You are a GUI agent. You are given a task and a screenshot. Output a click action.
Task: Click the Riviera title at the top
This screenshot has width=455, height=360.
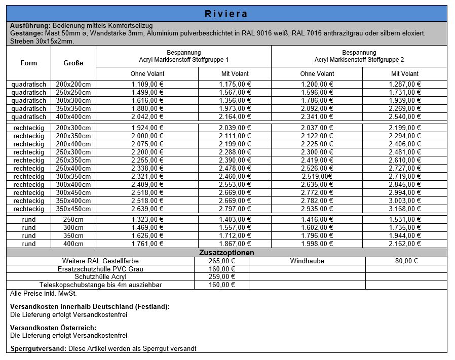click(226, 14)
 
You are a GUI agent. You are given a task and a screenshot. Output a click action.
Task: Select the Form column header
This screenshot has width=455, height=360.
click(28, 63)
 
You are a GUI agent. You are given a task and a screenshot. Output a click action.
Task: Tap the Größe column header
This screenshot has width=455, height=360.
click(73, 63)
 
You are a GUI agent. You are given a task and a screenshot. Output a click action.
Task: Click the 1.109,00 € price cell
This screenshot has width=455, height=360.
click(147, 85)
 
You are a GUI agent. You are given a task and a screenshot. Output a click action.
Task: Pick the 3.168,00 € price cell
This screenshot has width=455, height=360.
click(405, 209)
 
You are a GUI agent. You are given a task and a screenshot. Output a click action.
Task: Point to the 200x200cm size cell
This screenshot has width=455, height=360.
click(73, 85)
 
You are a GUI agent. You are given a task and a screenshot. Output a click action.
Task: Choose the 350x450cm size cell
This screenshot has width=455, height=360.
click(73, 209)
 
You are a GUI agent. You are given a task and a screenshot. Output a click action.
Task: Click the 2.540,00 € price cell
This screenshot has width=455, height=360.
click(405, 117)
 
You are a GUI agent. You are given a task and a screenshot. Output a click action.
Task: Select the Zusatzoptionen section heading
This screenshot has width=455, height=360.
click(226, 252)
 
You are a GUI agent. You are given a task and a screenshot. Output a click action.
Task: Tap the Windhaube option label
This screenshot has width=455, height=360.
click(307, 261)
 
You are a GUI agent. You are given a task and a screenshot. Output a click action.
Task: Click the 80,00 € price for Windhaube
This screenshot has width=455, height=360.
click(406, 261)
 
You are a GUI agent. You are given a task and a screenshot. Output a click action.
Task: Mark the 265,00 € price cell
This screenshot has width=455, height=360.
click(221, 261)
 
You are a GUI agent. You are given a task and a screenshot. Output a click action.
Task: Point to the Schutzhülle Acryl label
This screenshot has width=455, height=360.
click(100, 277)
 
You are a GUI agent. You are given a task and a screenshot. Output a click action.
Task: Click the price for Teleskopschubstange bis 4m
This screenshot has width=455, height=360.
click(221, 285)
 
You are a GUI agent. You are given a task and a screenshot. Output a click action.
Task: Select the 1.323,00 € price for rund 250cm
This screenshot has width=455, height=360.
click(147, 220)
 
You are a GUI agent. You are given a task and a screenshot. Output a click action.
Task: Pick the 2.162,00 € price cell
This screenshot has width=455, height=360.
click(405, 244)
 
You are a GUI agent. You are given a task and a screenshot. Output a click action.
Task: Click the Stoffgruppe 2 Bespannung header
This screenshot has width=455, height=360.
click(359, 56)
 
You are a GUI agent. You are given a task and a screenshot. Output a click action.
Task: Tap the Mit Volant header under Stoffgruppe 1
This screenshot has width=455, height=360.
click(235, 74)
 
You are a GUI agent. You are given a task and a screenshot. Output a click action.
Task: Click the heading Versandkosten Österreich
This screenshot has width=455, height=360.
click(53, 328)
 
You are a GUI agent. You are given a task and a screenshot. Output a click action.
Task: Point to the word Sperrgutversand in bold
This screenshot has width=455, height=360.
click(38, 348)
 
